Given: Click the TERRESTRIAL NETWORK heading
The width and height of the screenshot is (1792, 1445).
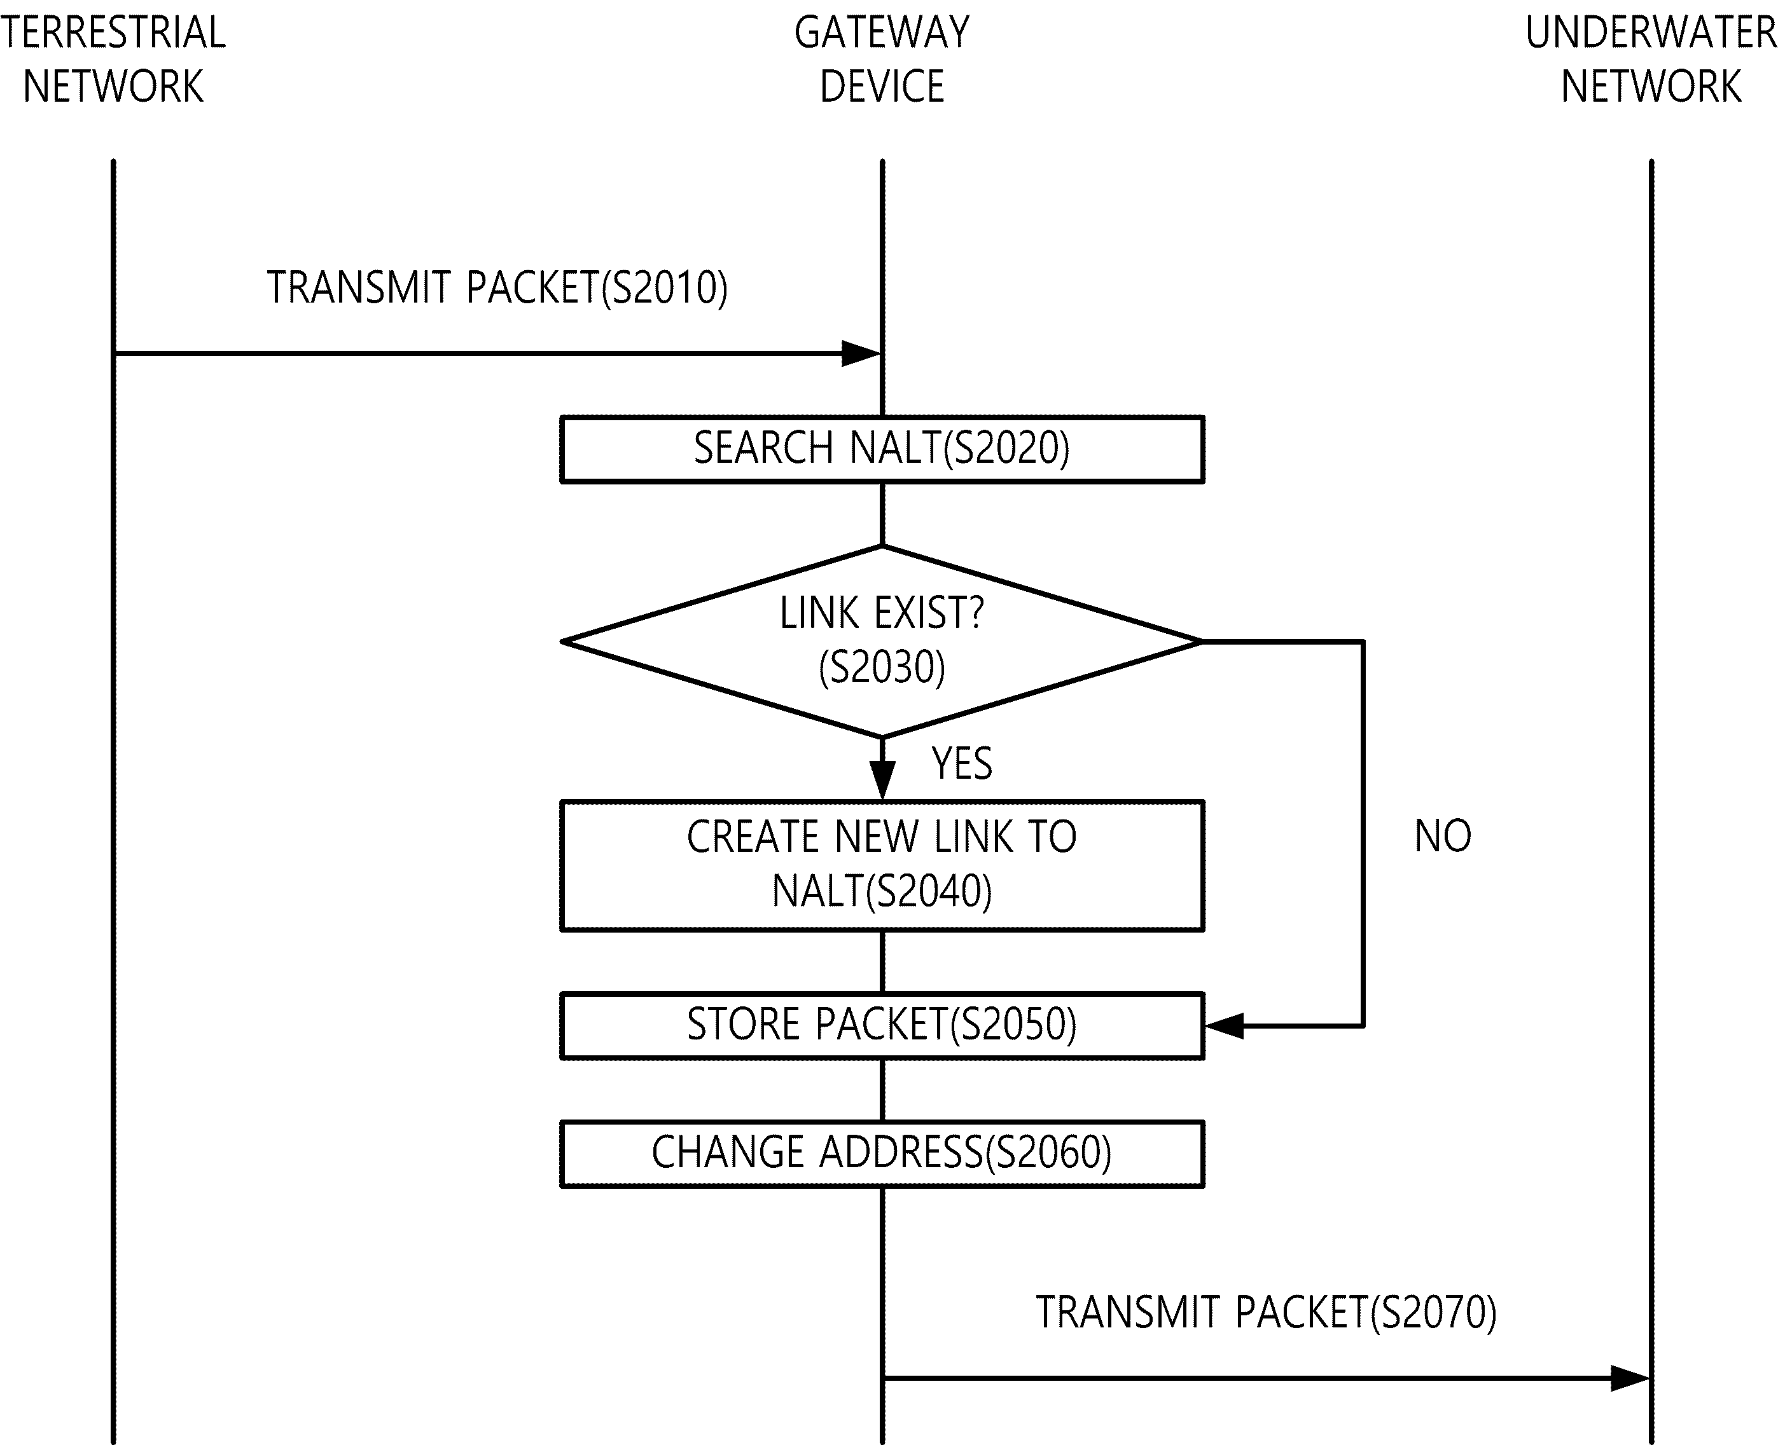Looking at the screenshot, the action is [x=113, y=59].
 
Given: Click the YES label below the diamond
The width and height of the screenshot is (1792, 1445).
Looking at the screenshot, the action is [x=962, y=764].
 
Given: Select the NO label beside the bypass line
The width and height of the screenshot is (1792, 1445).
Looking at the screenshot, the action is [x=1443, y=836].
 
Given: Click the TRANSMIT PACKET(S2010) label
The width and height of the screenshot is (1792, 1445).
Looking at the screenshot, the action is [x=497, y=288].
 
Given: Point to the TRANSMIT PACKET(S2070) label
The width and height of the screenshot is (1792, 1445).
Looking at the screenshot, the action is [x=1266, y=1313].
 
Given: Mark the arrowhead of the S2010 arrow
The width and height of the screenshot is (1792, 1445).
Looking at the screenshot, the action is [x=861, y=353].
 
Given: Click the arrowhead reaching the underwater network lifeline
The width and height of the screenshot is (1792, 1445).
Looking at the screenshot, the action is [x=1630, y=1378].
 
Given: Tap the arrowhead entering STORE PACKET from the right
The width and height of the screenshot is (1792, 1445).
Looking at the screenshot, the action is [x=1224, y=1026].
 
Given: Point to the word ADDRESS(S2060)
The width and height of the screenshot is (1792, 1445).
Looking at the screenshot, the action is [x=966, y=1153].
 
